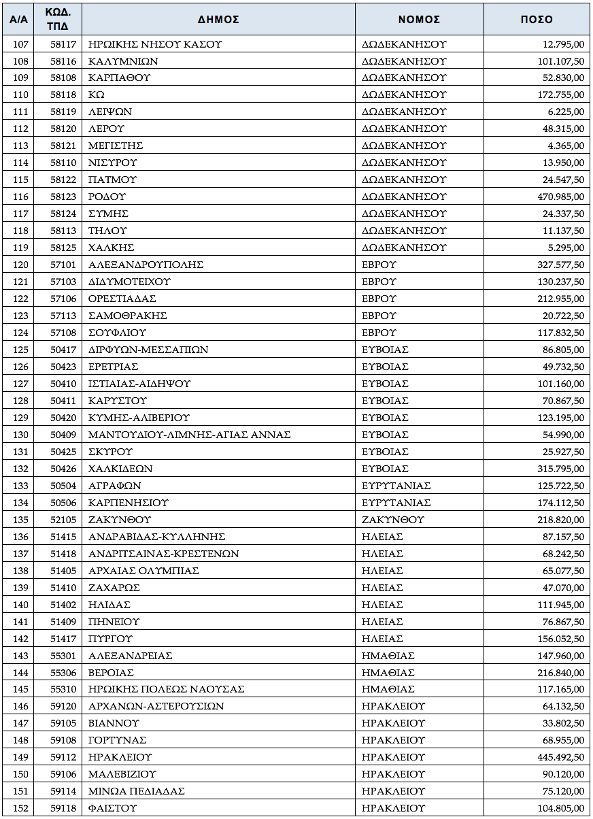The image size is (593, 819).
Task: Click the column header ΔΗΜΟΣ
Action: (x=218, y=20)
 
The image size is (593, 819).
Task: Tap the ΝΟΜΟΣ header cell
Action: (x=419, y=20)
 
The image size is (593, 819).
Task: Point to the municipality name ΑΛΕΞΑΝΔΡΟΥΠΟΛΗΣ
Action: (x=146, y=265)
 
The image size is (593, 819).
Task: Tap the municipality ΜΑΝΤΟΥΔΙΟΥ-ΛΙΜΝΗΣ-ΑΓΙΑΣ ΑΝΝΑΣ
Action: (x=190, y=435)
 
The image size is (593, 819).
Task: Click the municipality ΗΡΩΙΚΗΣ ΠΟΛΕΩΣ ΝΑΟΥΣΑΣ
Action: (x=167, y=690)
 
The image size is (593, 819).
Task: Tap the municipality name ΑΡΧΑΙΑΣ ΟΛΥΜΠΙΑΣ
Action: (x=143, y=571)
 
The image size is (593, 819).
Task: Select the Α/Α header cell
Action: (x=19, y=20)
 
